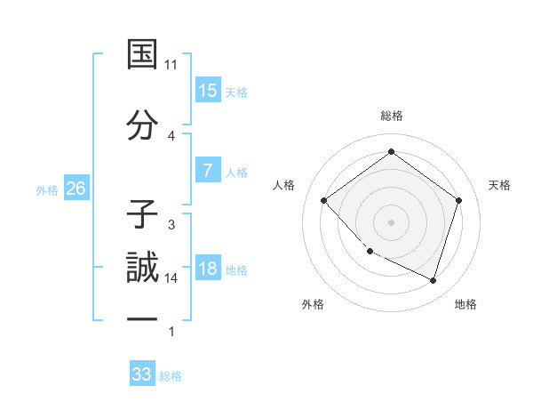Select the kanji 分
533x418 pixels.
coord(142,125)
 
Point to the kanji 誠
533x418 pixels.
coord(142,269)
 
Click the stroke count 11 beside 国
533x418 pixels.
coord(171,65)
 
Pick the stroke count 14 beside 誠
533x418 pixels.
coord(171,278)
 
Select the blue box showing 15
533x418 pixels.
coord(207,91)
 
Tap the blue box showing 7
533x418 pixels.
coord(207,171)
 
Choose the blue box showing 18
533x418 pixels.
coord(207,269)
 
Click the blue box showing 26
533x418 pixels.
coord(76,189)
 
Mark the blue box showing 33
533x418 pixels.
coord(142,374)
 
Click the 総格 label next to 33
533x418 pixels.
coord(171,376)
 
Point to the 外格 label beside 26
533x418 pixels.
coord(47,189)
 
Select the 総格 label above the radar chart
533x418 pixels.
coord(391,116)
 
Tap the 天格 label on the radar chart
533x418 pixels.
coord(500,185)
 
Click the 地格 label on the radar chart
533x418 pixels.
coord(465,305)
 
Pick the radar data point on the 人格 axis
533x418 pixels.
coord(324,201)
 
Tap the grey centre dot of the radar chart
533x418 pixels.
coord(391,221)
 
